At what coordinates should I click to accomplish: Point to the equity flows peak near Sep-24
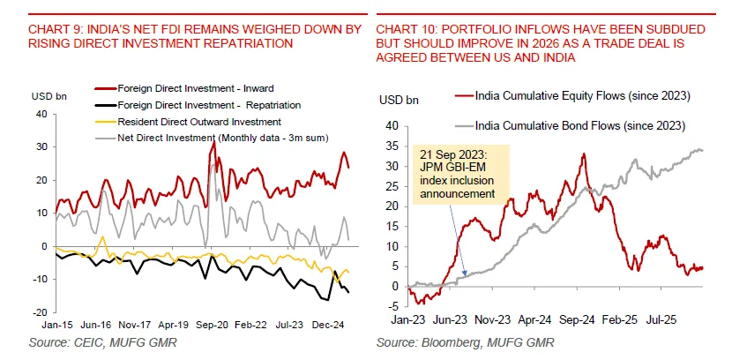pyautogui.click(x=584, y=154)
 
